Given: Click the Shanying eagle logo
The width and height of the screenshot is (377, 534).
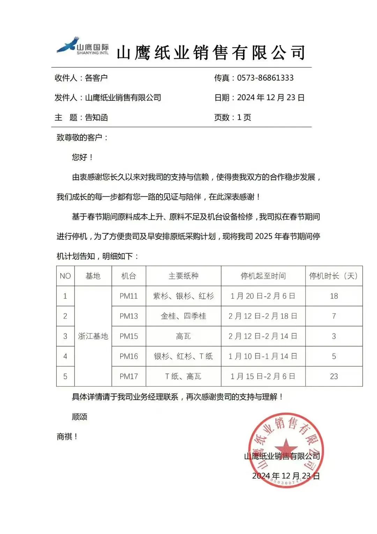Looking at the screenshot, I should tap(69, 45).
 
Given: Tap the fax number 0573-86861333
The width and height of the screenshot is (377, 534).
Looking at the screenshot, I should tap(265, 78).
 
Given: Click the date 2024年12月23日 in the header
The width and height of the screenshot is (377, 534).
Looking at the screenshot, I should tap(271, 98).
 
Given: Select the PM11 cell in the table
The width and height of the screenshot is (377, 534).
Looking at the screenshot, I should tap(128, 296).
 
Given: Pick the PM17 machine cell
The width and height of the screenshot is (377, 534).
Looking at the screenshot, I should tap(128, 376).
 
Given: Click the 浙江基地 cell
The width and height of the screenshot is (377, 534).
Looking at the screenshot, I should tap(93, 336).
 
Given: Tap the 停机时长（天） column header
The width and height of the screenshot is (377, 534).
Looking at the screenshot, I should tap(333, 276).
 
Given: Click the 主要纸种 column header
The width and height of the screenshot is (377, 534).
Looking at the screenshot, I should tap(183, 276).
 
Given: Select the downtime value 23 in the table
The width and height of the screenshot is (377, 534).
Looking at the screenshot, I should tap(334, 376).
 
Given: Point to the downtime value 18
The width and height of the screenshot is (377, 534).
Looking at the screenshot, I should tap(334, 296).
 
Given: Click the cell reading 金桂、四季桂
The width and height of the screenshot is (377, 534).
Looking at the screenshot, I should tap(183, 316).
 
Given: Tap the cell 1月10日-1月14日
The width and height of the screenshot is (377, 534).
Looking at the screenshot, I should tap(263, 356).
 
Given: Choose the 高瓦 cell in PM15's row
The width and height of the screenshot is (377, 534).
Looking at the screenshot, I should tap(183, 336).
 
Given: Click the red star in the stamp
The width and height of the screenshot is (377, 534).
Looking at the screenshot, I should tap(286, 448).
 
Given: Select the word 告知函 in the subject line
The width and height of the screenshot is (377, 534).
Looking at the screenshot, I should tap(96, 117).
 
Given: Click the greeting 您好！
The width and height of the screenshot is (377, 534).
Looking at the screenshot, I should tap(82, 157).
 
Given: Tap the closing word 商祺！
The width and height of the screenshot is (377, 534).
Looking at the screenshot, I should tap(67, 436).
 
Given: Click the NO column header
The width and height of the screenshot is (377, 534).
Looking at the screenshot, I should tap(65, 276).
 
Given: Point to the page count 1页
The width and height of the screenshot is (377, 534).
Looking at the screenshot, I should tap(244, 117).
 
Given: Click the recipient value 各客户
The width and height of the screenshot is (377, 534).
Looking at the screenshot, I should tap(96, 78).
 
